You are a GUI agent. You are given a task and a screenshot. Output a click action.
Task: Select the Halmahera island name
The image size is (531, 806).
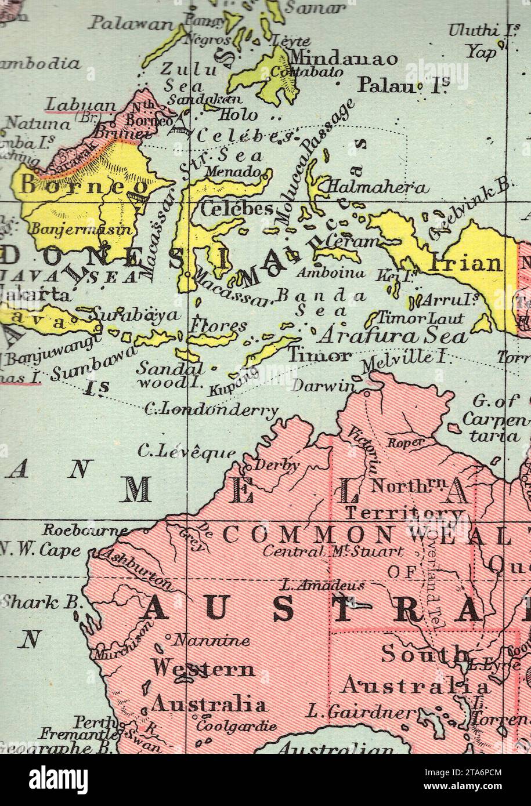378,187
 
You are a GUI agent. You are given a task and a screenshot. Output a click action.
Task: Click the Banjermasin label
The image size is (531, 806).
81,229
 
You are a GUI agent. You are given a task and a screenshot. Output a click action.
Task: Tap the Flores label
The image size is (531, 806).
218,326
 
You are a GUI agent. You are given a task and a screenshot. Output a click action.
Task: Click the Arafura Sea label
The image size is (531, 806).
393,336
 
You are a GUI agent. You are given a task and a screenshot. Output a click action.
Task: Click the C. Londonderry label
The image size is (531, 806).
211,410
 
